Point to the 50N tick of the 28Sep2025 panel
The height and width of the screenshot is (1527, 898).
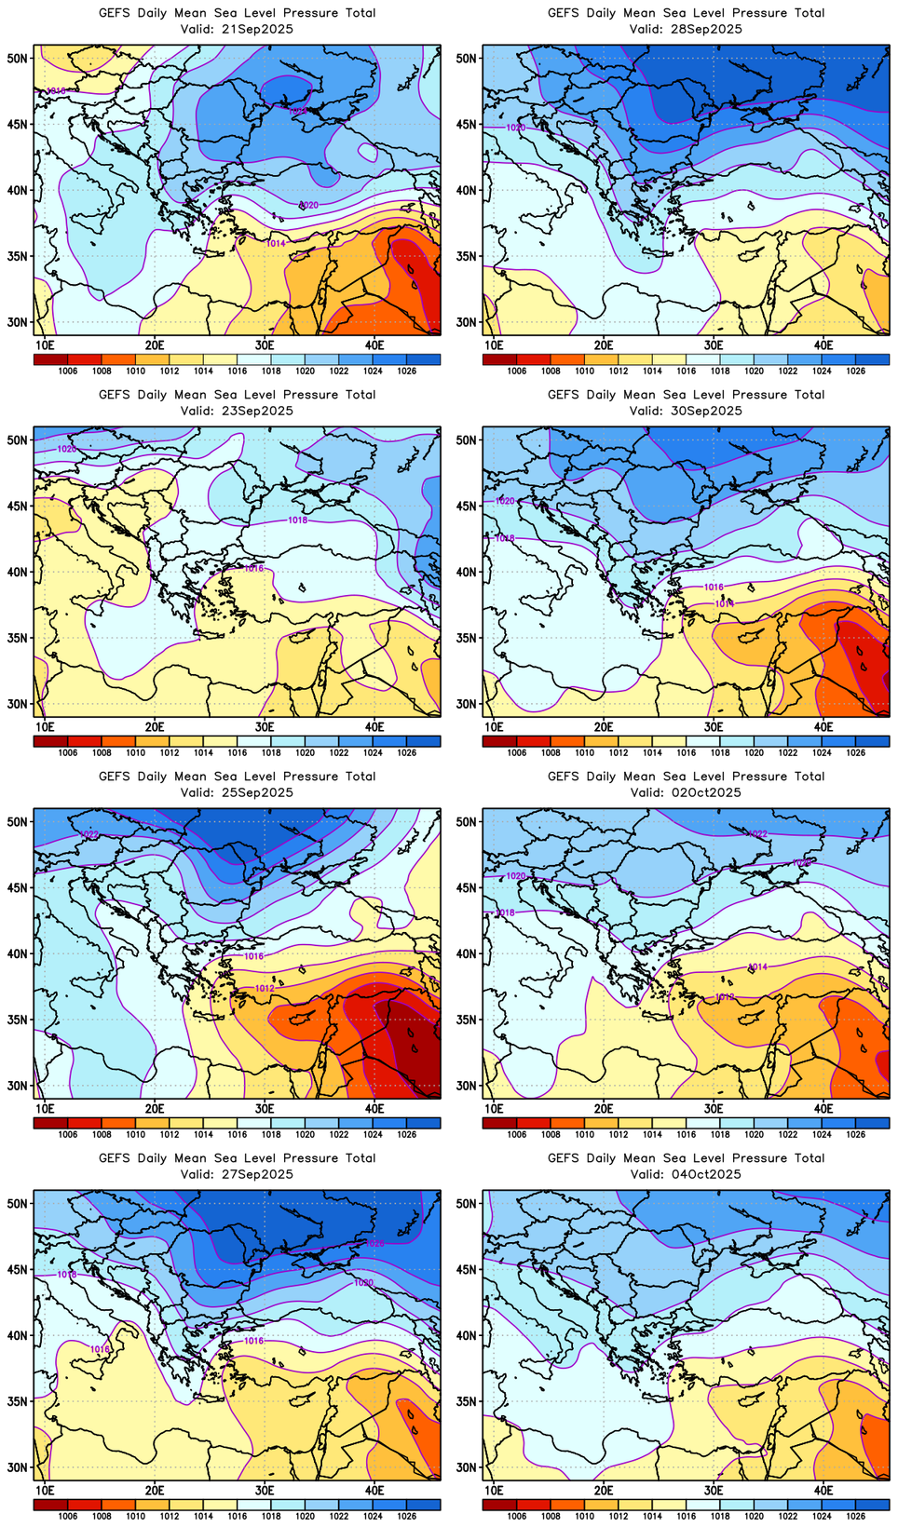click(x=468, y=58)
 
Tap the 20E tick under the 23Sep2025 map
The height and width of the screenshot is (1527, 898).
click(x=155, y=726)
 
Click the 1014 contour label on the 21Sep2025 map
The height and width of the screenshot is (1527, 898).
click(x=277, y=244)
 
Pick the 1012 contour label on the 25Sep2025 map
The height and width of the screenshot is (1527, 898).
click(x=265, y=988)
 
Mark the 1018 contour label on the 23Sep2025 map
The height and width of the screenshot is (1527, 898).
click(x=298, y=520)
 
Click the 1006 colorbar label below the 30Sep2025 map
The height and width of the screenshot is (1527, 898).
click(x=517, y=752)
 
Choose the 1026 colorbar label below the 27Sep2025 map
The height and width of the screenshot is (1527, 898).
click(x=406, y=1516)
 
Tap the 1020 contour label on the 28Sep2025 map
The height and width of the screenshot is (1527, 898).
click(x=515, y=128)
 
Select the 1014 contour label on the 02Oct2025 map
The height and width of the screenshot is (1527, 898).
click(x=758, y=967)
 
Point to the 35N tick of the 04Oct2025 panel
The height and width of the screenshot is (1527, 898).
click(x=468, y=1401)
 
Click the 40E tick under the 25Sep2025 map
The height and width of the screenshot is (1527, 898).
click(x=374, y=1108)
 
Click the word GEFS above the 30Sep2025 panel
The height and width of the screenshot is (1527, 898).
click(x=564, y=395)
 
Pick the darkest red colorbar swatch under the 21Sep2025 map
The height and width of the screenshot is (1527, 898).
click(x=50, y=359)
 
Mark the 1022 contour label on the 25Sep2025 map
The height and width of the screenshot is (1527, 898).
click(x=90, y=835)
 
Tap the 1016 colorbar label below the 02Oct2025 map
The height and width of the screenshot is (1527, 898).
click(x=687, y=1134)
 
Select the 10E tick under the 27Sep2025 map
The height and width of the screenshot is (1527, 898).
click(x=45, y=1490)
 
